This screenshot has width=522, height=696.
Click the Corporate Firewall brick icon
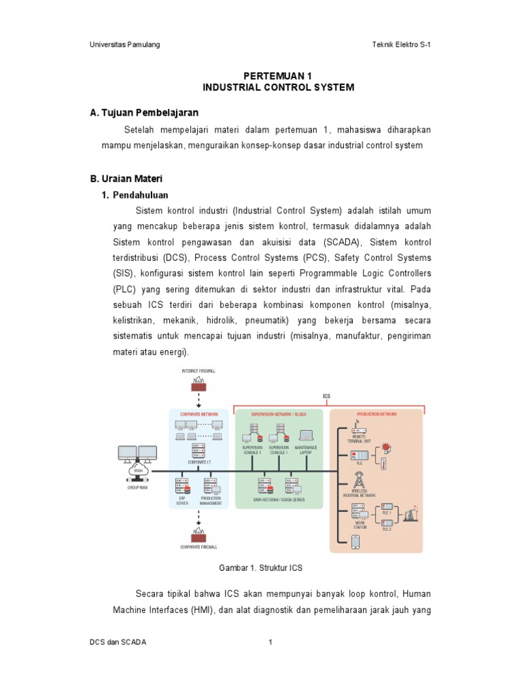coord(198,537)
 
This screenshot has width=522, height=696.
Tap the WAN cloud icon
coord(139,470)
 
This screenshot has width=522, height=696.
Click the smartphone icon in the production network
coord(354,541)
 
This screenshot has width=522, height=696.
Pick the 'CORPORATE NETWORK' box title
coord(198,413)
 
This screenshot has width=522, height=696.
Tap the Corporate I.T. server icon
coord(198,450)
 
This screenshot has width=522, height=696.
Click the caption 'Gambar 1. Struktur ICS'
coord(261,567)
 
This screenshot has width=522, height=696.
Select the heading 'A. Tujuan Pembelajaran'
coord(144,112)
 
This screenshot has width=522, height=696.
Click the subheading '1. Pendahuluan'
coord(135,195)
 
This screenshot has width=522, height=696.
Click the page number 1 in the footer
coord(270,642)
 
